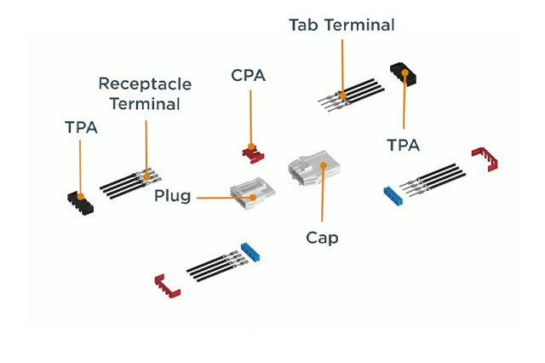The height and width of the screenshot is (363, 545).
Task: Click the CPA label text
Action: coord(249,76)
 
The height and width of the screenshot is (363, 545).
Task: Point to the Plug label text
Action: coord(172,197)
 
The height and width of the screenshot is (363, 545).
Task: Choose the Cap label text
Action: coord(322,238)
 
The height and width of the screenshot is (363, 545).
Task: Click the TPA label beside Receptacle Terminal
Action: coord(81,128)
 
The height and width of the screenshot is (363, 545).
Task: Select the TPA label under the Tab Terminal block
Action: coord(403,145)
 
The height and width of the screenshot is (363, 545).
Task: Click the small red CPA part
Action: coord(252,153)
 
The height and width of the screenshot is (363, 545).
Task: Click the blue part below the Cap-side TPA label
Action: coord(393,193)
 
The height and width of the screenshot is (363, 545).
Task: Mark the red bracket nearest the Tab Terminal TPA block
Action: coord(485,158)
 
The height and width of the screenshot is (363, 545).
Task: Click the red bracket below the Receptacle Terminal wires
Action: coord(167,287)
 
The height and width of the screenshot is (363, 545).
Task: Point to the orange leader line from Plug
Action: coord(213,197)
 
